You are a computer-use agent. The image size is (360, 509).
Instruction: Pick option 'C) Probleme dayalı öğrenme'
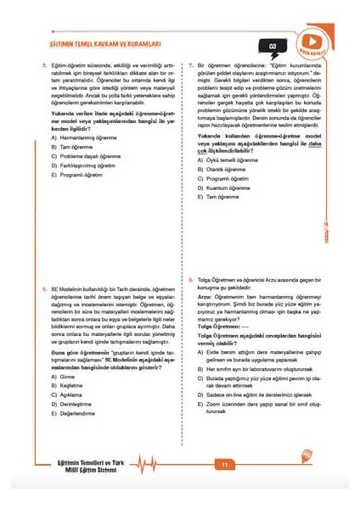85,155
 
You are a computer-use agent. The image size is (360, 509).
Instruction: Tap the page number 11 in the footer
225,464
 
